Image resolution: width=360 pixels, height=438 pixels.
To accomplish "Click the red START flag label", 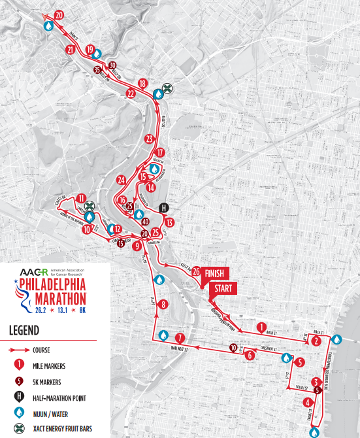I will point(221,288).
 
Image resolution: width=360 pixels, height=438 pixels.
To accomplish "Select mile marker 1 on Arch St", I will point(261,327).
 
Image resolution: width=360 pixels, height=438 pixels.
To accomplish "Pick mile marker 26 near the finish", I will point(195,271).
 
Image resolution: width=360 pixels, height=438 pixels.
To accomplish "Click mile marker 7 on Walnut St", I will point(180,337).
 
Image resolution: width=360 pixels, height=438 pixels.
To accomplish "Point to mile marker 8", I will point(163,303).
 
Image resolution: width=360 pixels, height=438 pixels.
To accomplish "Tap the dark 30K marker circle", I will point(112,65).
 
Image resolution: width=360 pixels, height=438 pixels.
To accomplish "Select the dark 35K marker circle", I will point(97,69).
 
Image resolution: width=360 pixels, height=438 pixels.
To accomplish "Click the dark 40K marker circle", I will point(145,221).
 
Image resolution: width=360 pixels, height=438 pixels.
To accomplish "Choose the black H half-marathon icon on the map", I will point(165,207).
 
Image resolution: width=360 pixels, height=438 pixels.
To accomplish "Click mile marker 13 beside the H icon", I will point(170,222).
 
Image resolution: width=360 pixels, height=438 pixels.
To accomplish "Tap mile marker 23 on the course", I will point(149,139).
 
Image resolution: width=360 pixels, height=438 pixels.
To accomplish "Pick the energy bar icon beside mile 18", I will point(168,88).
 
